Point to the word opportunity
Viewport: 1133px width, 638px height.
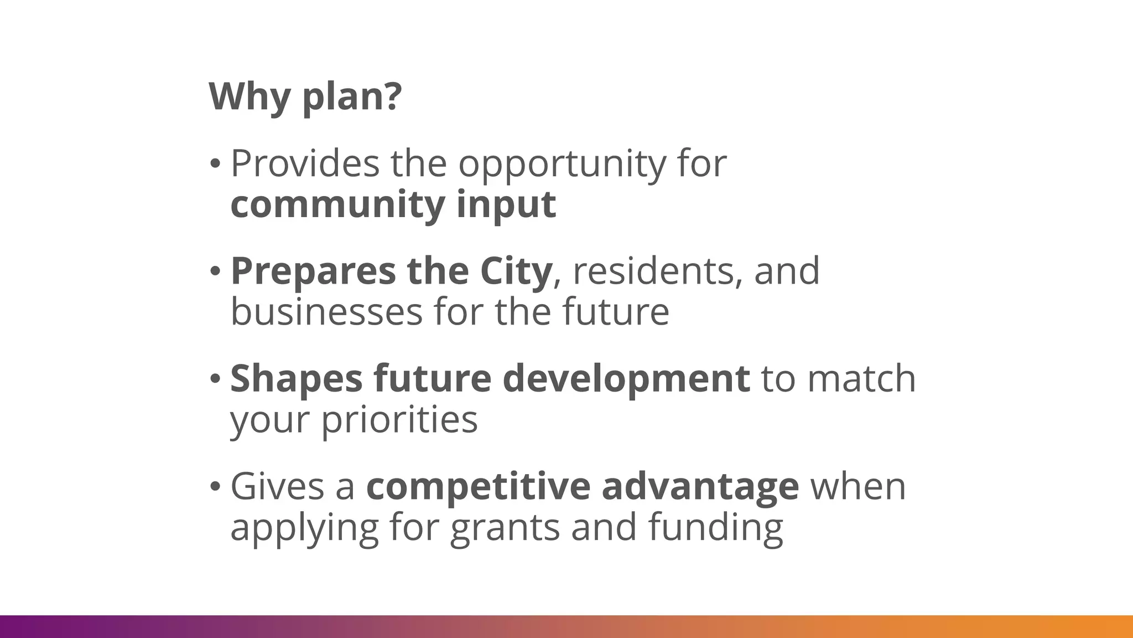[563, 164]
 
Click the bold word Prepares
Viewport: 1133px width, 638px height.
[313, 271]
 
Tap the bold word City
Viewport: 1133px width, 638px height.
[516, 271]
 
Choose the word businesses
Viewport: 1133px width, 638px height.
[326, 312]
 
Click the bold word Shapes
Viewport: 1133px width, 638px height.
[296, 379]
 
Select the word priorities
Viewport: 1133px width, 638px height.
[399, 420]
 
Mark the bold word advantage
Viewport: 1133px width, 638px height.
[700, 487]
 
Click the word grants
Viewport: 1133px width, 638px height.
[505, 528]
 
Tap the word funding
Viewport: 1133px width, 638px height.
[716, 528]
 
